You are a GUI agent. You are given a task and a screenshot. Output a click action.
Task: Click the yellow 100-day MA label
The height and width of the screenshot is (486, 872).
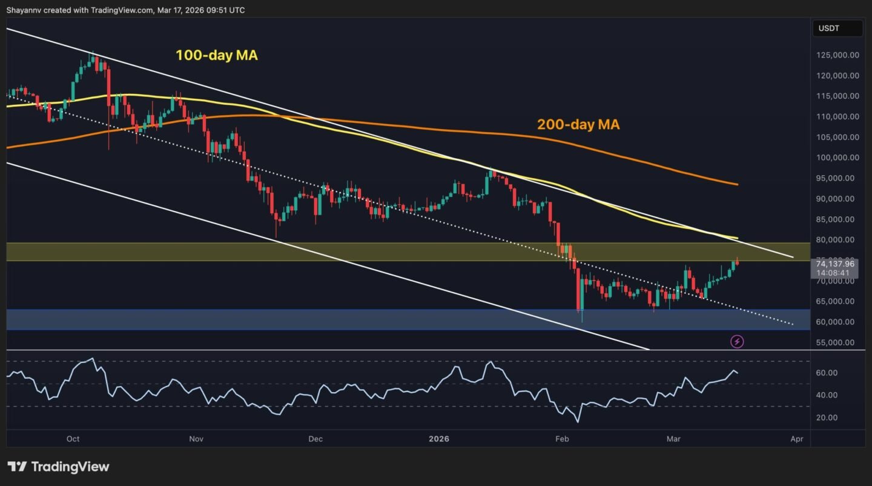point(216,55)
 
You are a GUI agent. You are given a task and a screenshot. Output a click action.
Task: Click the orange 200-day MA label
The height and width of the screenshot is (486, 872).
point(578,125)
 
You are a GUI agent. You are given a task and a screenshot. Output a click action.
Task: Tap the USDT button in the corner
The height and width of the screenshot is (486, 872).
point(837,28)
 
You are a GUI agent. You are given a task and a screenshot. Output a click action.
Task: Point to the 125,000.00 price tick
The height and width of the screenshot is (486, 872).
point(837,55)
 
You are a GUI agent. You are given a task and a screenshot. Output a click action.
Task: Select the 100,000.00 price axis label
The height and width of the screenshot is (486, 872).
point(837,158)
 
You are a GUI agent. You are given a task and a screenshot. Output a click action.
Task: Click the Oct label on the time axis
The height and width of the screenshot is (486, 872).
point(73,439)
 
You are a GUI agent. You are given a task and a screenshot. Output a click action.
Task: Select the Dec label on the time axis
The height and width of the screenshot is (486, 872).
point(315,439)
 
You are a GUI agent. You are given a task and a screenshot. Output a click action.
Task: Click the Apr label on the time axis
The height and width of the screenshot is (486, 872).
point(797,439)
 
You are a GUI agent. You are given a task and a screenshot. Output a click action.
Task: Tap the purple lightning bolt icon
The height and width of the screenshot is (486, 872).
point(737,342)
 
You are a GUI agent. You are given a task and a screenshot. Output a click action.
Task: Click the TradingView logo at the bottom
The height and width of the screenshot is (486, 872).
point(59,467)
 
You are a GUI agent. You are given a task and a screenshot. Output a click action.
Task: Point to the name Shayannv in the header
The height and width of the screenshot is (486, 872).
point(24,10)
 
